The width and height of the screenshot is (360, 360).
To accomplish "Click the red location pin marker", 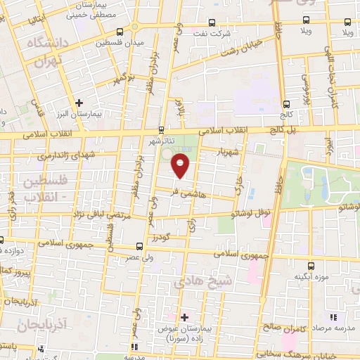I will [181, 166].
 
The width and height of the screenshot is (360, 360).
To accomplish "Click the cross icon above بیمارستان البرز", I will [80, 103].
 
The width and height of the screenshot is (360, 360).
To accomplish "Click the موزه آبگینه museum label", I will [313, 276].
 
